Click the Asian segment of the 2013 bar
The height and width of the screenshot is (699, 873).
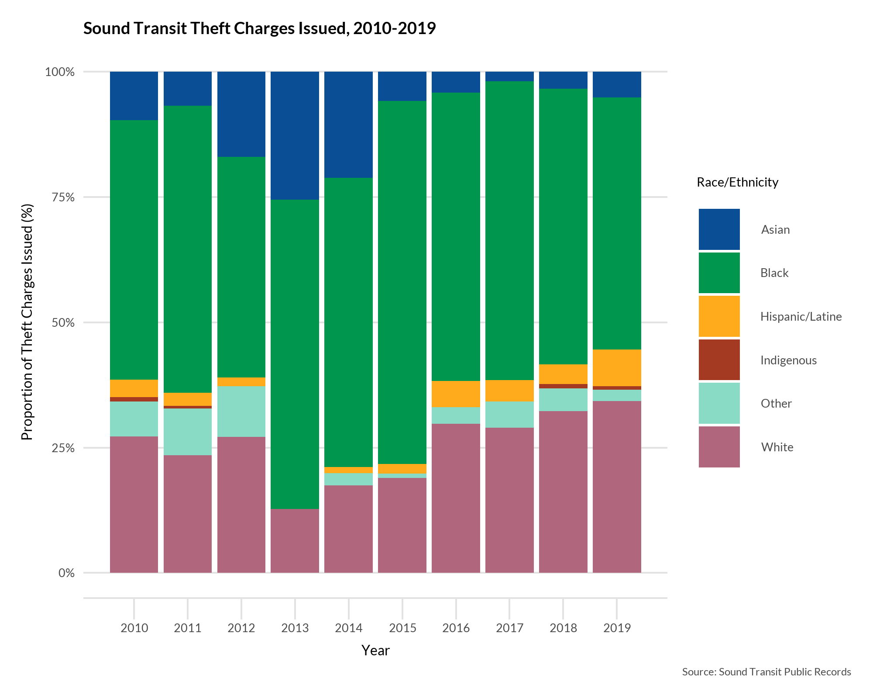click(x=295, y=135)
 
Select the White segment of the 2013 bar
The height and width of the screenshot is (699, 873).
click(x=295, y=541)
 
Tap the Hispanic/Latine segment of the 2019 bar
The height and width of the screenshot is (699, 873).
click(x=617, y=367)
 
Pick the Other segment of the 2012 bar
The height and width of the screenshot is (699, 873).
click(x=241, y=411)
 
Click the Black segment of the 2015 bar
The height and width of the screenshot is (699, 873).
click(x=402, y=282)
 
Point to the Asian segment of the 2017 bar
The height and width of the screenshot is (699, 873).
click(x=509, y=76)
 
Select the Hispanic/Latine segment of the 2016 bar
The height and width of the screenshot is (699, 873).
click(x=456, y=394)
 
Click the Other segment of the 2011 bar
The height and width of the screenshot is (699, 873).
click(x=188, y=432)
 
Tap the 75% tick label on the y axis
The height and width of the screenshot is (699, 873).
click(x=60, y=197)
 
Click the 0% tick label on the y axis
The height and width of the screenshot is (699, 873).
click(x=66, y=573)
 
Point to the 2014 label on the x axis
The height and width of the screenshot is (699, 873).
click(x=348, y=628)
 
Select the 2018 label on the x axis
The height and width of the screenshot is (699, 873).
click(x=563, y=628)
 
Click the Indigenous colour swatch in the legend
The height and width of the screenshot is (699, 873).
click(x=719, y=360)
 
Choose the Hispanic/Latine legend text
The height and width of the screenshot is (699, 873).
click(x=801, y=316)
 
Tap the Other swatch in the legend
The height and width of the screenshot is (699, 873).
click(x=719, y=403)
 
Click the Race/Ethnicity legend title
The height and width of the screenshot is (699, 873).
click(x=737, y=182)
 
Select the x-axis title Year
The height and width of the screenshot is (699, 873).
click(x=375, y=651)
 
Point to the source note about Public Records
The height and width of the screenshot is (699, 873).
click(x=766, y=672)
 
